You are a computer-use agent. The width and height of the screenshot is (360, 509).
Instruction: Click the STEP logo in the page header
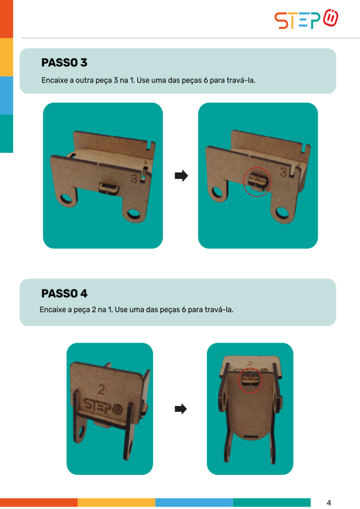[x=306, y=19]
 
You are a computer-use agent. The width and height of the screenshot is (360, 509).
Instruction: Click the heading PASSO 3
[x=64, y=62]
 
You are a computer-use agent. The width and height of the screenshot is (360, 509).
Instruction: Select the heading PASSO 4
[x=64, y=293]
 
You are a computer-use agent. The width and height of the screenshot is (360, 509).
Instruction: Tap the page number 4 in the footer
[x=329, y=503]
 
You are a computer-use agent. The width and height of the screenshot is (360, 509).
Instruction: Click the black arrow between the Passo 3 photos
[x=181, y=175]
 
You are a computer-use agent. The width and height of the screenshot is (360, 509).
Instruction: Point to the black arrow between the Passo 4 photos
[x=181, y=409]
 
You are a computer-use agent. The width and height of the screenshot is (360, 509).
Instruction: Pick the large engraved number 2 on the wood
[x=101, y=389]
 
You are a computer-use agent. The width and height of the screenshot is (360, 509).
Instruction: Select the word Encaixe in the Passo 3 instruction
[x=54, y=80]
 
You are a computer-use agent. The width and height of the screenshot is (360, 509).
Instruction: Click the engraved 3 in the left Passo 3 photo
[x=134, y=178]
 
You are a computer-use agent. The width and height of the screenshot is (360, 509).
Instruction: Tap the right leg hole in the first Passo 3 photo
[x=133, y=213]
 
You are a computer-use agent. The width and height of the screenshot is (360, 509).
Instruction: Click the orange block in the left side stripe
[x=6, y=19]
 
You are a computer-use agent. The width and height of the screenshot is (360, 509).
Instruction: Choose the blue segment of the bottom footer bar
[x=194, y=503]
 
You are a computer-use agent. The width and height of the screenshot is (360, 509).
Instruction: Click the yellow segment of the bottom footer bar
[x=116, y=503]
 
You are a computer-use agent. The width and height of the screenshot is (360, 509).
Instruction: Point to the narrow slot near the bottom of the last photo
[x=251, y=436]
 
